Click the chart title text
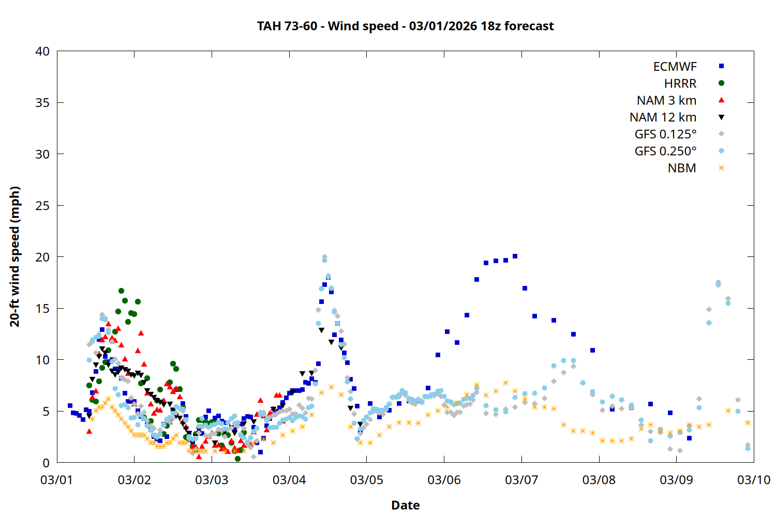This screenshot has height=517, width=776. coord(405,26)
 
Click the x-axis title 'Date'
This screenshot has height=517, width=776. coord(405,505)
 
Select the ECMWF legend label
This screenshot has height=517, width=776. coord(675,67)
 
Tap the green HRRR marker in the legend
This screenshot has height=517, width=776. coord(721,83)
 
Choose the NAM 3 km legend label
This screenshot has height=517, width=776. coord(666,100)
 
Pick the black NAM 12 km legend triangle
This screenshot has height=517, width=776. coord(721,117)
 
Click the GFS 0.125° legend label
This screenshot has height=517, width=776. coord(665,134)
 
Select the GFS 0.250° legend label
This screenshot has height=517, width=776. coord(665,151)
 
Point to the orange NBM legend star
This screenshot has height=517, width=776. coord(721,168)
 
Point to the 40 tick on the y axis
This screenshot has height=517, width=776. coord(42,51)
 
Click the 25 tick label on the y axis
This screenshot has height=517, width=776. coord(42,206)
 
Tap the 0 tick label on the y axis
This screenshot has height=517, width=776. coord(46,463)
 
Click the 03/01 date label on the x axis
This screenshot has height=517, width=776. coord(57,480)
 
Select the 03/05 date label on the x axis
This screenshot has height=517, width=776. coord(366,480)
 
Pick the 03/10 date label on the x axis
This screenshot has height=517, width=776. coord(753,480)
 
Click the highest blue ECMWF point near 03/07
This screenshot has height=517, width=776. coord(515,256)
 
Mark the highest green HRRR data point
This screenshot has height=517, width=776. coord(121,291)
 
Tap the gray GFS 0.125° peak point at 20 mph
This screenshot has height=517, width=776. coord(324,257)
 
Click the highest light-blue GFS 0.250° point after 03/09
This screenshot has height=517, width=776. coord(718,283)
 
